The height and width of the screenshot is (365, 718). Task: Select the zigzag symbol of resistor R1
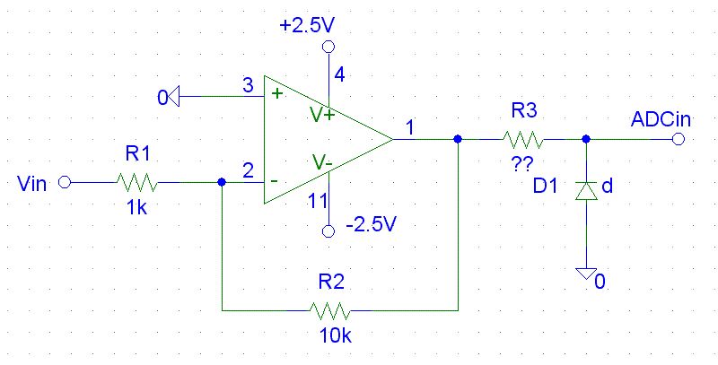tap(137, 183)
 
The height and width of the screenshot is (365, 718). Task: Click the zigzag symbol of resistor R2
tap(330, 310)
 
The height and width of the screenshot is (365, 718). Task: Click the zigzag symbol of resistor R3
tap(523, 139)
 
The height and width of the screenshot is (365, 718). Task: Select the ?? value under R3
tap(523, 163)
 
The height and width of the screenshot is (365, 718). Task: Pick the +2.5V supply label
tap(311, 26)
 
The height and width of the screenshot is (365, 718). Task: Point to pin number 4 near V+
tap(339, 74)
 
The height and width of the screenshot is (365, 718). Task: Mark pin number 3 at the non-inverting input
tap(248, 86)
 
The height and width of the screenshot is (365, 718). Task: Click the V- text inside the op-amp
tap(321, 162)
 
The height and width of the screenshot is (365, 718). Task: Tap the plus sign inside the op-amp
tap(276, 91)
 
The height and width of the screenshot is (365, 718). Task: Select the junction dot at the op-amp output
tap(458, 139)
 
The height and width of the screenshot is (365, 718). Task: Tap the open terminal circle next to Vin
tap(64, 183)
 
